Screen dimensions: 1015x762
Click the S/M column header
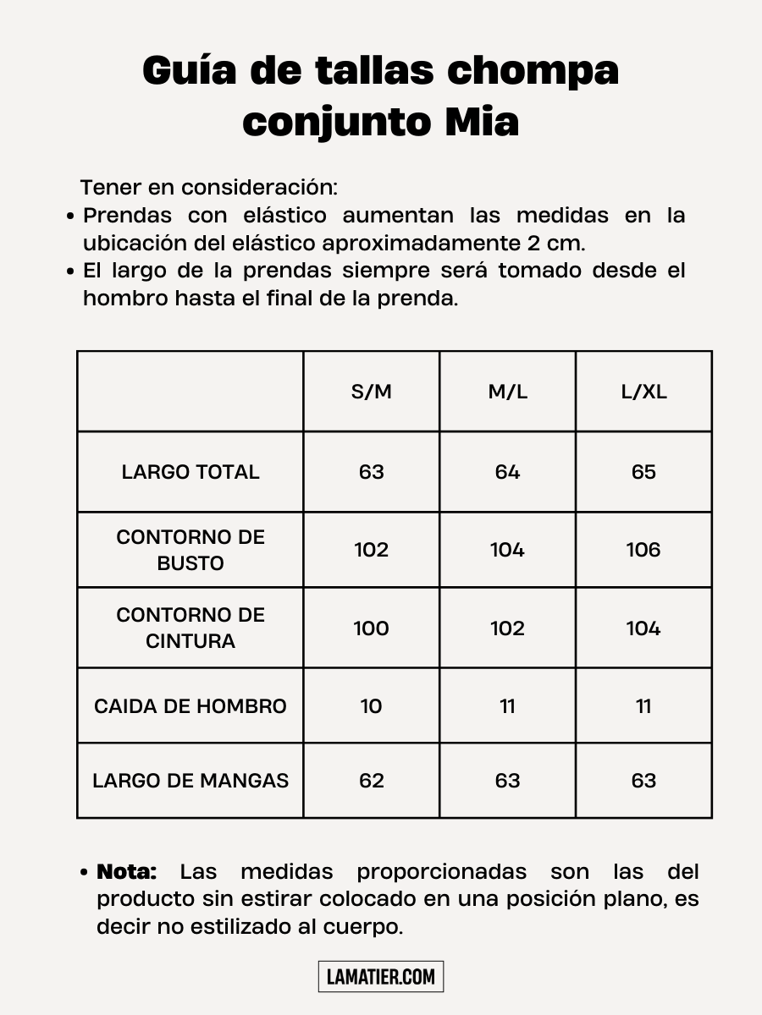[x=372, y=392]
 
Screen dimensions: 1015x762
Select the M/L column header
[x=507, y=392]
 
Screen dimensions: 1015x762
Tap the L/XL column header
[x=643, y=392]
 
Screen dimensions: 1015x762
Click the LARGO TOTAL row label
[x=190, y=472]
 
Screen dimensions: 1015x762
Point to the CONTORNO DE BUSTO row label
[x=190, y=550]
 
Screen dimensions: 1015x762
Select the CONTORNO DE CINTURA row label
[x=190, y=628]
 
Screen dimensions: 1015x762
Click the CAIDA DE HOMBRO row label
[x=190, y=706]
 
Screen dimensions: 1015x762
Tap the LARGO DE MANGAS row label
[x=190, y=781]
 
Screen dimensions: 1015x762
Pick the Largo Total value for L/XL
[x=643, y=472]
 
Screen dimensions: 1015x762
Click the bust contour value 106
[x=643, y=550]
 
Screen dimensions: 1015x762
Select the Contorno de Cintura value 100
[x=372, y=628]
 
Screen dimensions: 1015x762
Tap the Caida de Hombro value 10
[x=372, y=706]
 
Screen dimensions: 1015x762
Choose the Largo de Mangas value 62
[x=372, y=781]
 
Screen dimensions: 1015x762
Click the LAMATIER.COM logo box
[x=381, y=977]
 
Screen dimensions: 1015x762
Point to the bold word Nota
[x=127, y=871]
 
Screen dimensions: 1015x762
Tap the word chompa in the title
[x=533, y=71]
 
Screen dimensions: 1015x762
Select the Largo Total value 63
[x=372, y=472]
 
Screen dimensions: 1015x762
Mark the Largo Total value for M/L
[x=507, y=472]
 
